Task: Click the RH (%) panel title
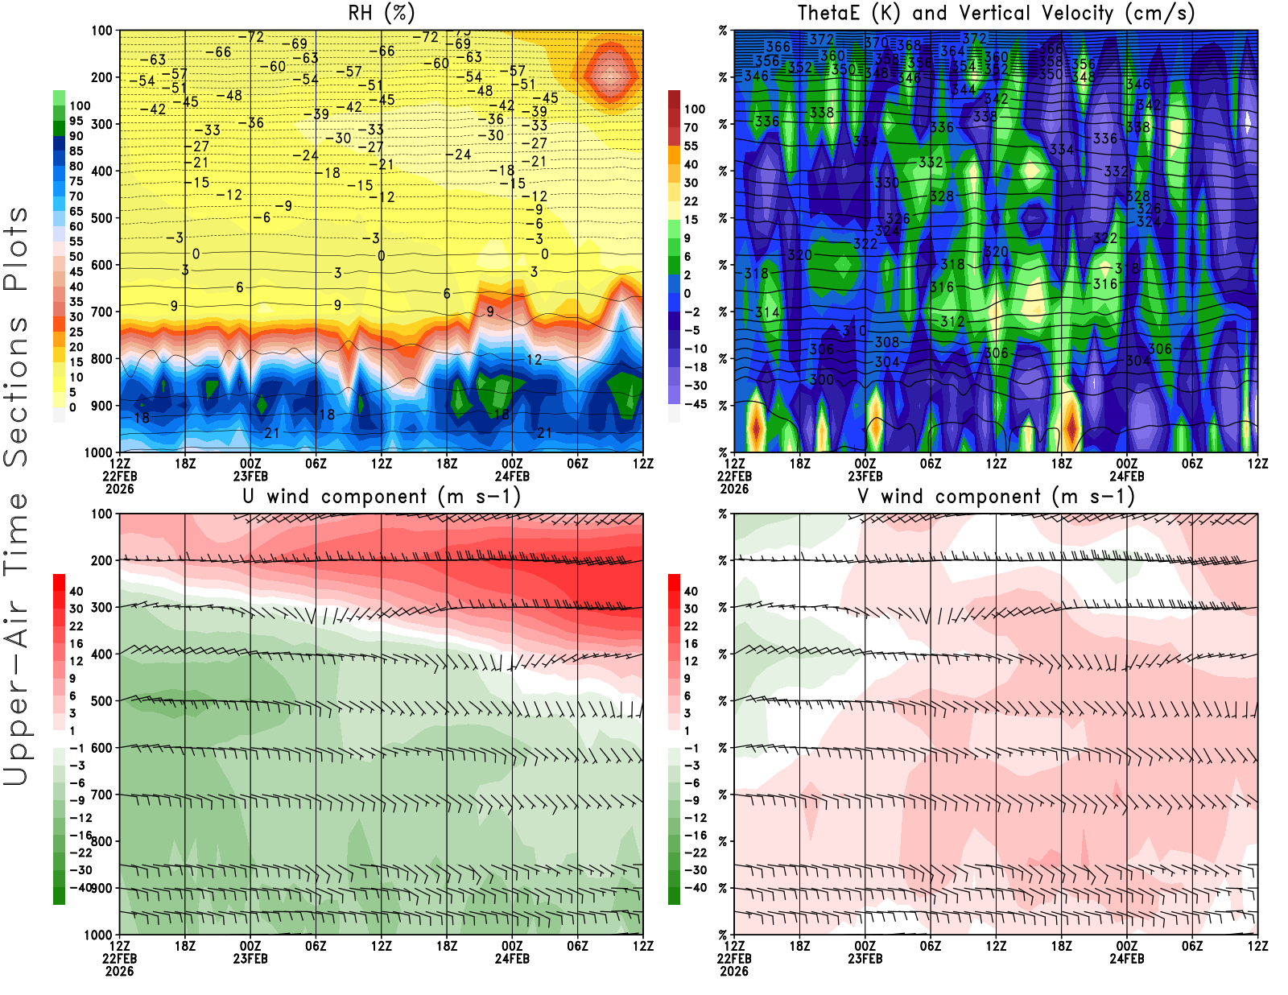[381, 13]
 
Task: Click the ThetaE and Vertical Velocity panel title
[996, 13]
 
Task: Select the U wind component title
[382, 496]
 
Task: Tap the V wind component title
[996, 496]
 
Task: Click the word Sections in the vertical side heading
[16, 390]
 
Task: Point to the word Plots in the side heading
[16, 249]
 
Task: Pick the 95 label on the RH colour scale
[76, 121]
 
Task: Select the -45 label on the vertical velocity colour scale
[695, 404]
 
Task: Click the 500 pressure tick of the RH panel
[101, 218]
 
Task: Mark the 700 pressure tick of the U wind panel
[101, 795]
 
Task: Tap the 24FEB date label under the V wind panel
[1126, 959]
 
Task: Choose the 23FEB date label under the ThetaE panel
[865, 476]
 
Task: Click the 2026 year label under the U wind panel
[119, 971]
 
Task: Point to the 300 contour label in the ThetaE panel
[821, 380]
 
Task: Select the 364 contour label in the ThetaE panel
[952, 52]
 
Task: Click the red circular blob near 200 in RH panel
[609, 74]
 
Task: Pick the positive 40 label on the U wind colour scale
[76, 591]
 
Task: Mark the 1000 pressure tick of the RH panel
[98, 452]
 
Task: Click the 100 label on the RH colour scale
[80, 105]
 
